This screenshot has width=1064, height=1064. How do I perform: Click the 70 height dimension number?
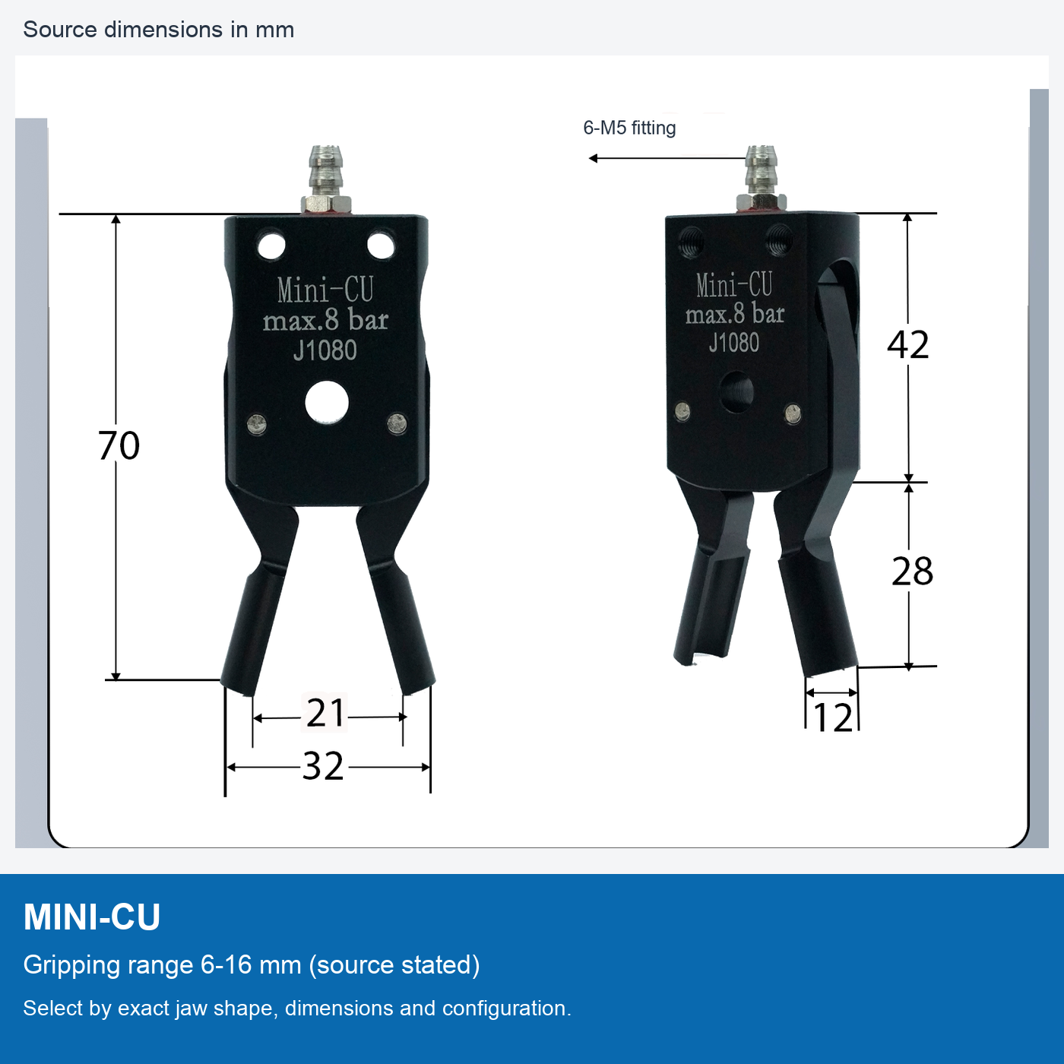(119, 445)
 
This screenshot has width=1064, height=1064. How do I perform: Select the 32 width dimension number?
(323, 766)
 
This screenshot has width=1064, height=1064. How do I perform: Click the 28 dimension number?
(912, 572)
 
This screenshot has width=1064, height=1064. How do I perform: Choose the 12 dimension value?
(833, 717)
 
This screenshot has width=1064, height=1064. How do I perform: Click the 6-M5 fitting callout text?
(629, 128)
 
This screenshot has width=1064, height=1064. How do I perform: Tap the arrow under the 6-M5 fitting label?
(667, 159)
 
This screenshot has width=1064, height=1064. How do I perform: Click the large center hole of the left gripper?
(327, 403)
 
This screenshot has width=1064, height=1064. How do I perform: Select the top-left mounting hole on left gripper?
(271, 246)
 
